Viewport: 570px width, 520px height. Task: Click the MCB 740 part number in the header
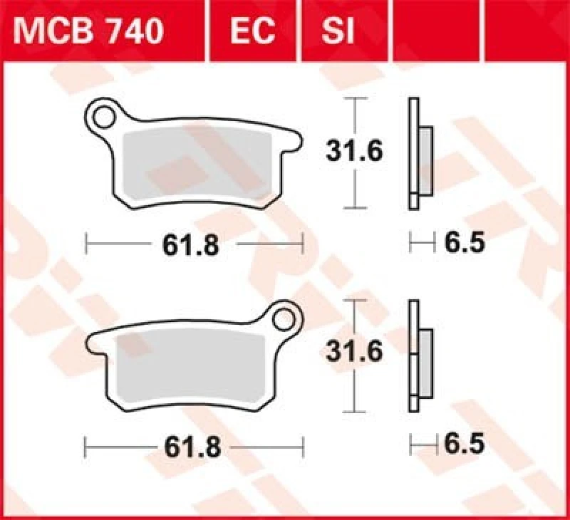click(91, 31)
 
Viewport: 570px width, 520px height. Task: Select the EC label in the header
click(253, 31)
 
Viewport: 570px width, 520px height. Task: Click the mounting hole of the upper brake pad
click(105, 114)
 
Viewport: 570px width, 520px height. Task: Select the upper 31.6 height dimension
click(354, 151)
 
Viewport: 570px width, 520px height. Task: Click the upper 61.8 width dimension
click(190, 246)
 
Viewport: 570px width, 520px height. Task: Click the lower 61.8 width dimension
click(190, 447)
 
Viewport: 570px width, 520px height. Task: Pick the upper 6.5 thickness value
click(465, 244)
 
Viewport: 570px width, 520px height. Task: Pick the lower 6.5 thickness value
click(465, 445)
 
